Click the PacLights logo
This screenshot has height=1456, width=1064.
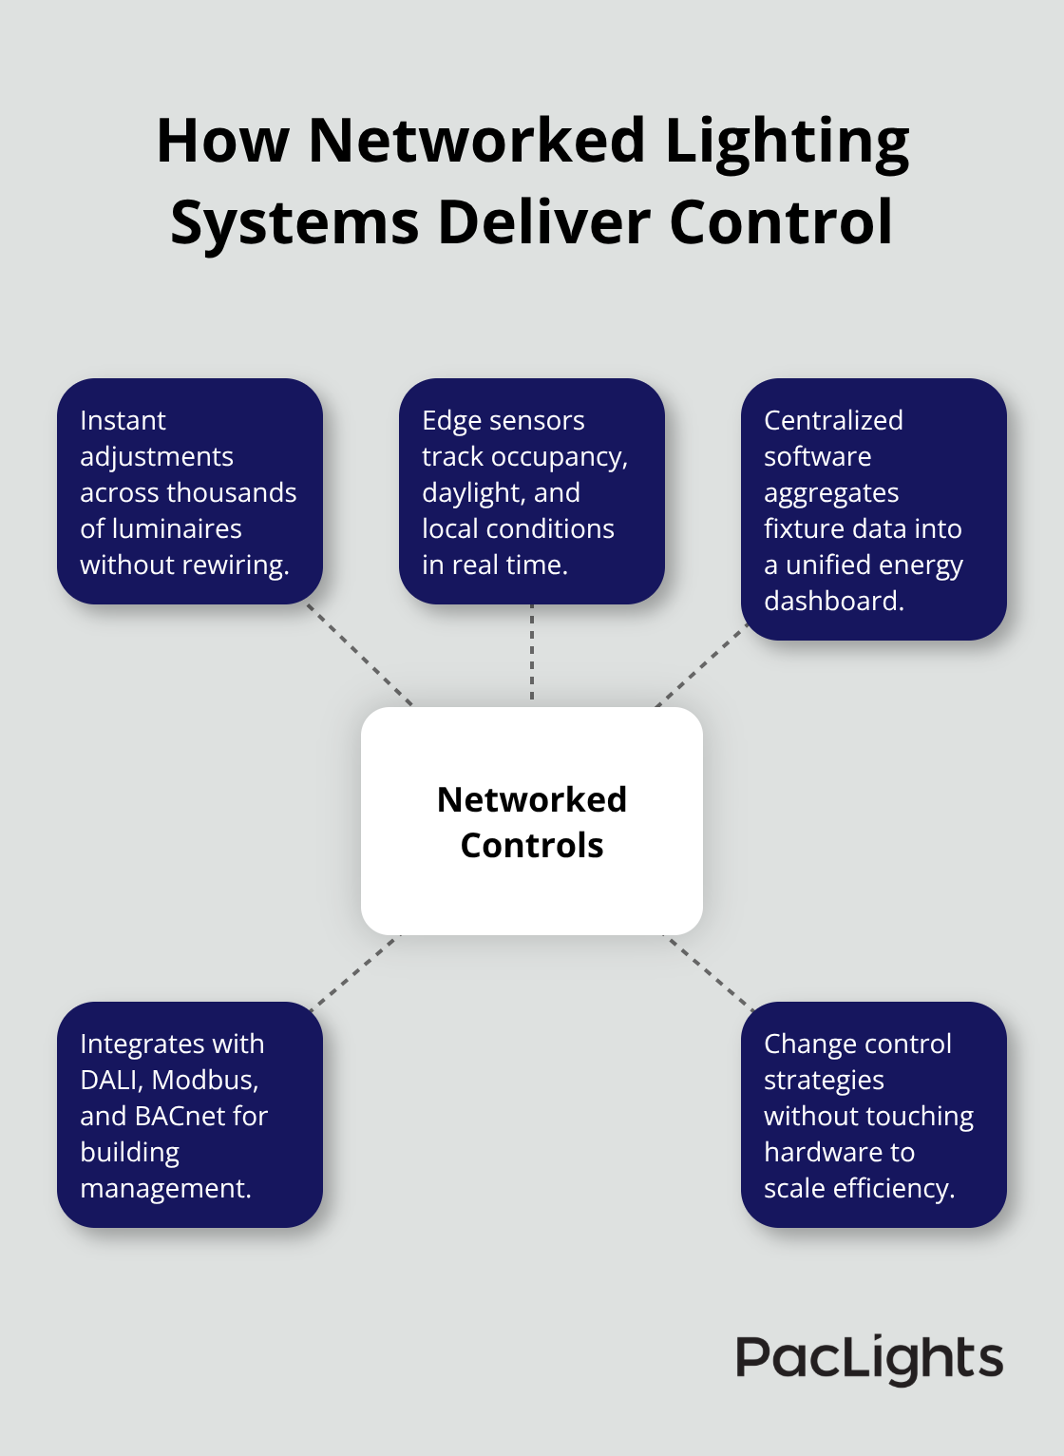coord(869,1358)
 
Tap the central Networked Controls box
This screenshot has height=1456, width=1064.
coord(532,821)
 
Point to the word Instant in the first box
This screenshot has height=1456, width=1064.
coord(123,420)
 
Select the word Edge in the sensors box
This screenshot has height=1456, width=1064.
coord(451,421)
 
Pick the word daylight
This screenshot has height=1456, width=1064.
coord(467,493)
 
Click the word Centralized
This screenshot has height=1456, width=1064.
coord(833,420)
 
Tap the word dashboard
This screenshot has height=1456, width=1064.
coord(833,601)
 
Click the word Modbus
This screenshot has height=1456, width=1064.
coord(205,1080)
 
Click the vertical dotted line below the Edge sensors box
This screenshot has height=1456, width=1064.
coord(532,654)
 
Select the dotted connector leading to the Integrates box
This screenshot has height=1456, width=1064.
coord(356,970)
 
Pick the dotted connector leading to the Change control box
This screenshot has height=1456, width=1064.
coord(709,970)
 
